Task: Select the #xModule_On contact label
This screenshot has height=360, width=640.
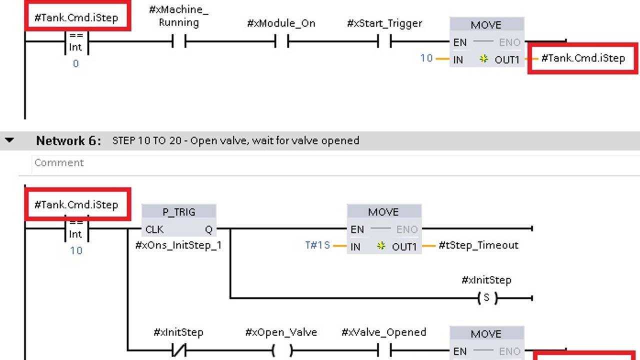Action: pos(281,23)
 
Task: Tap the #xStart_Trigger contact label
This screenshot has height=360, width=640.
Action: pos(384,23)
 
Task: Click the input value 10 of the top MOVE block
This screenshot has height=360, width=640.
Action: pos(426,58)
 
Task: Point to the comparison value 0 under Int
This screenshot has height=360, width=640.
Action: pos(75,63)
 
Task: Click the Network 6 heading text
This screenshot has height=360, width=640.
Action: pos(68,140)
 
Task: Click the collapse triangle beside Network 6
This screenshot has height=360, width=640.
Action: pos(9,140)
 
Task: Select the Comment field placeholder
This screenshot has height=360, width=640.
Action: pos(59,162)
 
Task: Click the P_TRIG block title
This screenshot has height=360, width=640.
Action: pos(178,212)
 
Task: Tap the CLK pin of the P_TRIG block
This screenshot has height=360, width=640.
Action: pos(154,229)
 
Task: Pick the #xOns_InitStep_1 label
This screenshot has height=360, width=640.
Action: pos(178,245)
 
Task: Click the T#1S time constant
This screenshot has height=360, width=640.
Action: pos(317,245)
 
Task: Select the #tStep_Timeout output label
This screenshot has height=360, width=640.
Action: pos(478,245)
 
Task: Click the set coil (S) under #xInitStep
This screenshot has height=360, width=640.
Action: pos(487,298)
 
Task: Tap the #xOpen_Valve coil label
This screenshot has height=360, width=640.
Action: pos(281,332)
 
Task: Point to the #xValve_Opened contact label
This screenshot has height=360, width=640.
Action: pos(383,332)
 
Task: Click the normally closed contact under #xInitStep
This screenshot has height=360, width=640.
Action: pos(178,350)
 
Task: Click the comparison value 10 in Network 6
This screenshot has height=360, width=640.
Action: pos(76,250)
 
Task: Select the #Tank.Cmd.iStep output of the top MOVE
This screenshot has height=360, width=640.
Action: pos(583,58)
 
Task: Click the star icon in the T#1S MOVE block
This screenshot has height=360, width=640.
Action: pos(381,246)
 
